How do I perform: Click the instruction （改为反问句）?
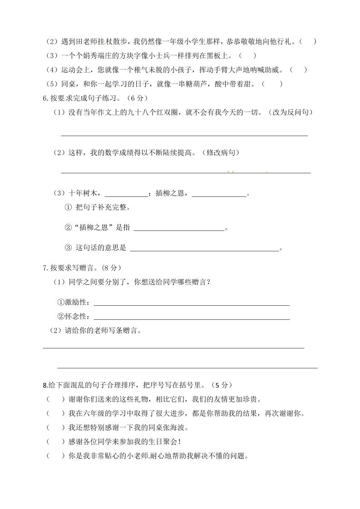289,112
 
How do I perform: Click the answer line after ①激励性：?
191,303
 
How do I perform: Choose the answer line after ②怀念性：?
191,317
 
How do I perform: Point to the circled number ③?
69,248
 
